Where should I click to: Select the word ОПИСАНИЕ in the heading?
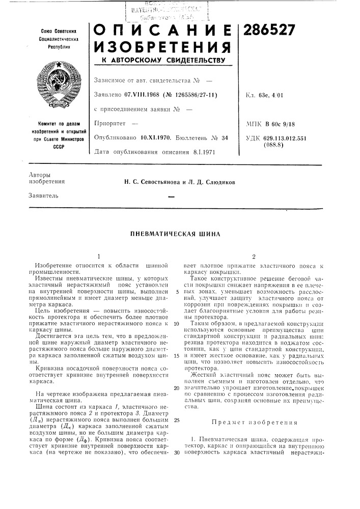160,32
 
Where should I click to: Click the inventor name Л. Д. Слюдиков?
206,181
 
